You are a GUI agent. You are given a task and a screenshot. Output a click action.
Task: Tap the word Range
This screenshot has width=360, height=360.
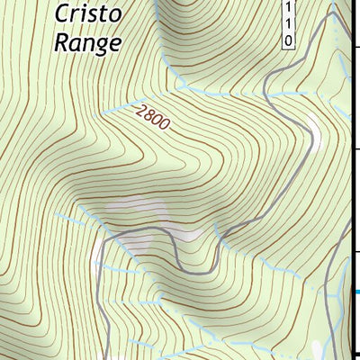87,42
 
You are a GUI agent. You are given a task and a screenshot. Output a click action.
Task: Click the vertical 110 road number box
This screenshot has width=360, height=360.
288,23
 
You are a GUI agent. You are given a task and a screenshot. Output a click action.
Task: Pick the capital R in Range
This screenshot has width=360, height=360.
62,41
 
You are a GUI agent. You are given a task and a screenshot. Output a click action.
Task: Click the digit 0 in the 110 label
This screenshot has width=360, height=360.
288,40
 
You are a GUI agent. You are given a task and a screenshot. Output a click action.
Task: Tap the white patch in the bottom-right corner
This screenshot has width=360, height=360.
317,346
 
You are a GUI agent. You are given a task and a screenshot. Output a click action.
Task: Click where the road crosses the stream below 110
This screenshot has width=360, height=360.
267,88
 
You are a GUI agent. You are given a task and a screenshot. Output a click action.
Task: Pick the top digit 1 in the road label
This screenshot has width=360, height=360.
288,7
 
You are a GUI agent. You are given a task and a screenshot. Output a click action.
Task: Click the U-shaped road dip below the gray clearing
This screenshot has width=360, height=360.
193,267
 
